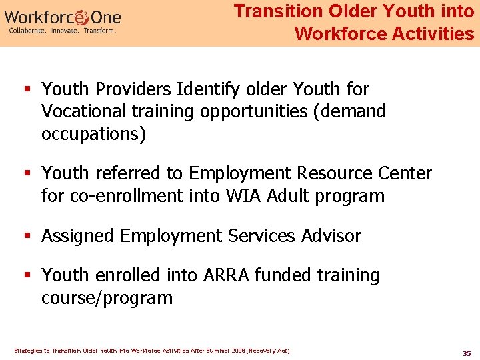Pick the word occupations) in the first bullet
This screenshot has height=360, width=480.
pyautogui.click(x=93, y=133)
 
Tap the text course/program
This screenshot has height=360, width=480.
pyautogui.click(x=107, y=297)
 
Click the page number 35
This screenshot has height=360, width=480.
pyautogui.click(x=466, y=353)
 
